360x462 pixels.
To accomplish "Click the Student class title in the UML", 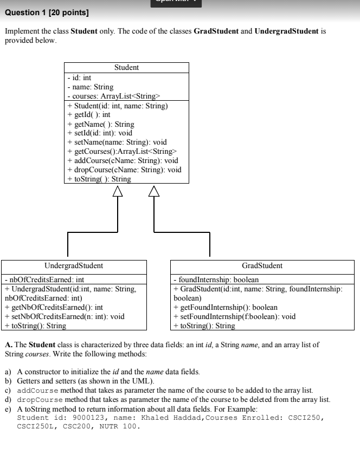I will pyautogui.click(x=126, y=68).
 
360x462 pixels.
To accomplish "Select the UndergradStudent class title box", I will pyautogui.click(x=73, y=266).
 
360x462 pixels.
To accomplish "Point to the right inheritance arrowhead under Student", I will pyautogui.click(x=155, y=190).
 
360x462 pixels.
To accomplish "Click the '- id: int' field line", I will pyautogui.click(x=79, y=78).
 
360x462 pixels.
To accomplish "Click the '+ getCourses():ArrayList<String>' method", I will pyautogui.click(x=122, y=151).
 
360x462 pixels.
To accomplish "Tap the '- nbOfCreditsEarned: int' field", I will pyautogui.click(x=44, y=280).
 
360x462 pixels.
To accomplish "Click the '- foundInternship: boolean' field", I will pyautogui.click(x=215, y=280).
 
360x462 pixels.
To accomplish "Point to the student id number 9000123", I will pyautogui.click(x=84, y=418).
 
